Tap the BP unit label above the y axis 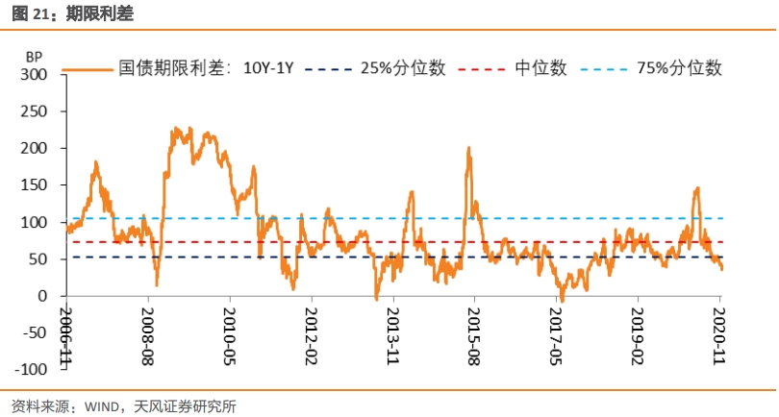point(34,58)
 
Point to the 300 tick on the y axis point(34,74)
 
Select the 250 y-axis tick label point(34,111)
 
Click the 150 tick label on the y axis point(34,185)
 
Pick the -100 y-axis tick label point(29,370)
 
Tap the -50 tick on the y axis point(32,333)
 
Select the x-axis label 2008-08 point(148,330)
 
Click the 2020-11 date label point(719,330)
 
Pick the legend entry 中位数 point(540,68)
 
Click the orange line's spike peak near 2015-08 point(468,148)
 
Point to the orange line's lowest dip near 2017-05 point(562,301)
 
